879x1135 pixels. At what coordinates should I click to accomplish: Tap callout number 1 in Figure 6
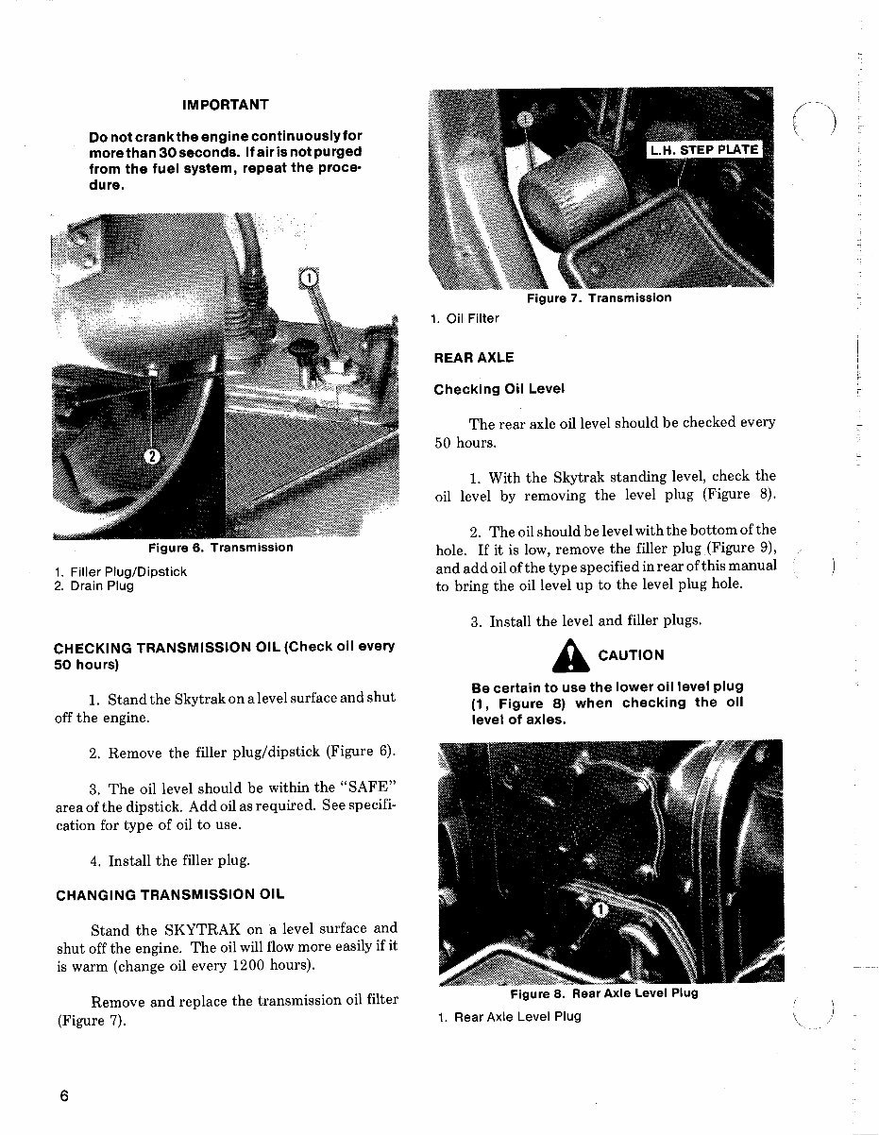coord(307,278)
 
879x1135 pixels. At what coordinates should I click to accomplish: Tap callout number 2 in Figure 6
coord(152,457)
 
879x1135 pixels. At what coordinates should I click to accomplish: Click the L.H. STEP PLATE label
coord(704,150)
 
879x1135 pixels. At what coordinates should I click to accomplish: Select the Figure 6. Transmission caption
coord(220,548)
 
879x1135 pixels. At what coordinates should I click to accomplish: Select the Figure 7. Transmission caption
coord(599,298)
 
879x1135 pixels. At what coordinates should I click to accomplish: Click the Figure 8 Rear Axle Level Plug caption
coord(603,993)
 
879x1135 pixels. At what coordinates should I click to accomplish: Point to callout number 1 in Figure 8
coord(599,909)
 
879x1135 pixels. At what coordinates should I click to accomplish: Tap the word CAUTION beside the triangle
coord(631,655)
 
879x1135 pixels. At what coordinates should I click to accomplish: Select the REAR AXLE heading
coord(474,358)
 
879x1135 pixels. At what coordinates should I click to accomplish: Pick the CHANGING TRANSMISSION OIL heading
coord(169,894)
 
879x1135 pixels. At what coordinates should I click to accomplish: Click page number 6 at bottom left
coord(63,1096)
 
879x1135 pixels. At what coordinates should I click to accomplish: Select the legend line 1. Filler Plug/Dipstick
coord(120,572)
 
